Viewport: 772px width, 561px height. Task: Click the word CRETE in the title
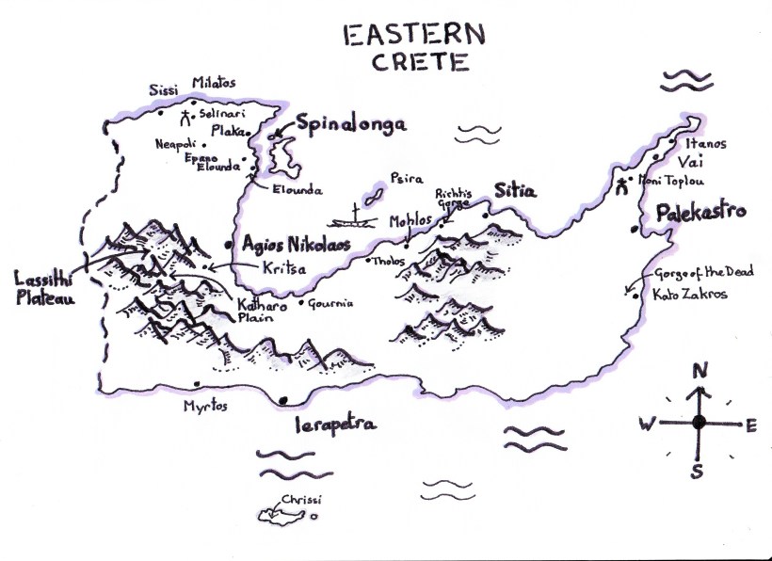pos(419,63)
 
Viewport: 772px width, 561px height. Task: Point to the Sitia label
pos(515,192)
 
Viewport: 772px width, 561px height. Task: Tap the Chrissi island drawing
pos(286,515)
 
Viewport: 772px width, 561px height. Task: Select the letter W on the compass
pos(647,425)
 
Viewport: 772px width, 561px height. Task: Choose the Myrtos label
pos(206,407)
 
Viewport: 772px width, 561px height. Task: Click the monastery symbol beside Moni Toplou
pos(622,184)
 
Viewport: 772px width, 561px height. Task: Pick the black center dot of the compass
pos(699,423)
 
